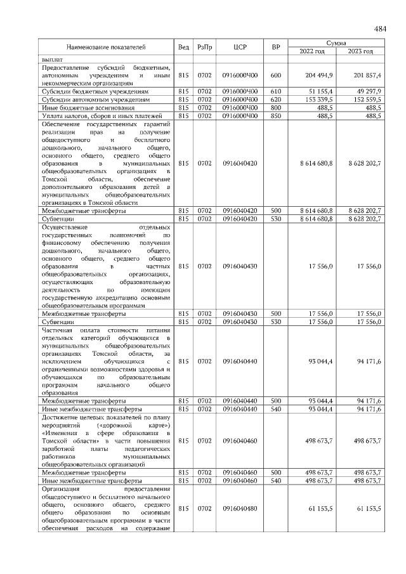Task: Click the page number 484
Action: pos(380,29)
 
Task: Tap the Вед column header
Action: pos(183,47)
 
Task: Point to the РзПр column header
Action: pos(204,47)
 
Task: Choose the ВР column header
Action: pos(275,47)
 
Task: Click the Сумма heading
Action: pos(336,42)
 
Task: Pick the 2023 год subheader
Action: pos(360,51)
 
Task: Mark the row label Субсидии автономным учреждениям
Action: pos(95,100)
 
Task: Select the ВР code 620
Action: pos(275,100)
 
